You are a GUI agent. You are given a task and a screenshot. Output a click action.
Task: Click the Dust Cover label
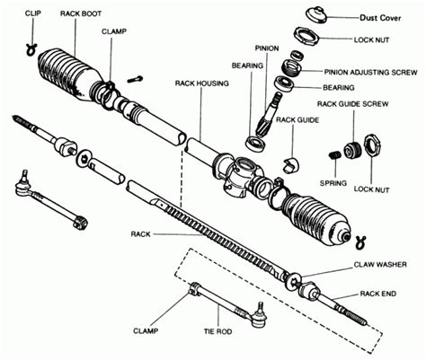[380, 18]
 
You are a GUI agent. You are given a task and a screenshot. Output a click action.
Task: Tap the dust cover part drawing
[316, 14]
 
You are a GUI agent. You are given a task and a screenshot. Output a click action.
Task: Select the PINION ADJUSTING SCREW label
[370, 73]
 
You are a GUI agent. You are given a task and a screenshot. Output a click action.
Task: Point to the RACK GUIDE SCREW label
[352, 104]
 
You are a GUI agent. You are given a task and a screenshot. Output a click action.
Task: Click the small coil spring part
[334, 155]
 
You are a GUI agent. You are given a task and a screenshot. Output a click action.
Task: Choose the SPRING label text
[333, 183]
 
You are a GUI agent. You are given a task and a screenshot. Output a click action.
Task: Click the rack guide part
[291, 163]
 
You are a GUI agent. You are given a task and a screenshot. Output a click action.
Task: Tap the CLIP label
[33, 13]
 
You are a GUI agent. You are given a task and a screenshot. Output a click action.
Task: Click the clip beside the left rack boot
[31, 49]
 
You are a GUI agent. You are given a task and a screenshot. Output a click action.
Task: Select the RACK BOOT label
[81, 13]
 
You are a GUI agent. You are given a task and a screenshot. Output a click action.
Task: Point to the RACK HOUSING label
[201, 83]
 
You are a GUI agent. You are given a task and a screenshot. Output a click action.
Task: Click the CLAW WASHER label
[380, 265]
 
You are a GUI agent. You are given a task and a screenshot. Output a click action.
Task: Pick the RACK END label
[378, 294]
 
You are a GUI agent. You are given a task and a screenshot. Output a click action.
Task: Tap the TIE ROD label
[217, 331]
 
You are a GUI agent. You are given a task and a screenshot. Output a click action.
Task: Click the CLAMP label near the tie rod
[146, 331]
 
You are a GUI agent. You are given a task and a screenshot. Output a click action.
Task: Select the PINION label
[267, 48]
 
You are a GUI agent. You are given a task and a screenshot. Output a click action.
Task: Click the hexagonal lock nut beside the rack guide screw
[372, 145]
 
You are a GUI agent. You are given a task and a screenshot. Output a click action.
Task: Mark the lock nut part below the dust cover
[305, 36]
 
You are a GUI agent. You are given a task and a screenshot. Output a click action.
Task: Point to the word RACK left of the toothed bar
[140, 234]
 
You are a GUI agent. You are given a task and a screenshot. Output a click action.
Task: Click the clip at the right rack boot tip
[360, 242]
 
